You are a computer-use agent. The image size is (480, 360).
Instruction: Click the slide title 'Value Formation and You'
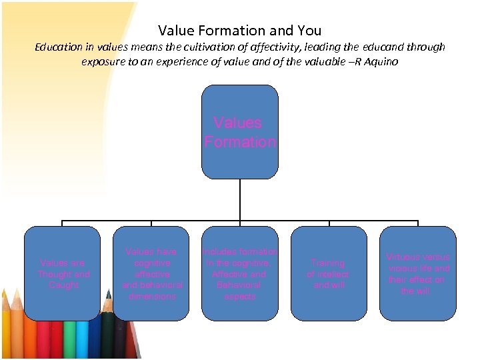pos(240,30)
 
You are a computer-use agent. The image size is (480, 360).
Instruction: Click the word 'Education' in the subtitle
pos(59,47)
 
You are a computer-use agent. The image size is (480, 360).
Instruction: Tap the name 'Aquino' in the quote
pos(379,62)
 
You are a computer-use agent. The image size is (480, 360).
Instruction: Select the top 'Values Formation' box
pos(240,131)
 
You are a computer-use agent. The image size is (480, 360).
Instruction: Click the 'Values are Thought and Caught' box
pos(63,273)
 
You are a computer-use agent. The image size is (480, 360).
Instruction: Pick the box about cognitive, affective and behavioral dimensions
pos(151,273)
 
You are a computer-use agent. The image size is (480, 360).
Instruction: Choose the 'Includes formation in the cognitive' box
pos(240,273)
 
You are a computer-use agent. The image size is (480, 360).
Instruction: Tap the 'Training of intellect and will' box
pos(329,273)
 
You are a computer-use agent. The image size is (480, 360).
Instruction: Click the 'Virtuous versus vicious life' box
pos(418,273)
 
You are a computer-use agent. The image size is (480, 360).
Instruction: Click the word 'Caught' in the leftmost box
pos(64,285)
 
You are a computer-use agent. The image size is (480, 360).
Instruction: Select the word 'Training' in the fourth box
pos(328,263)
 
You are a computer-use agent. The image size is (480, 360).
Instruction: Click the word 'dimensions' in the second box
pos(152,297)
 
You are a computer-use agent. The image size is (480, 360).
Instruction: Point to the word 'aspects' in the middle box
pos(240,297)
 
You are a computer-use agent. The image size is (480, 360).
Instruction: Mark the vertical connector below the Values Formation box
pos(240,199)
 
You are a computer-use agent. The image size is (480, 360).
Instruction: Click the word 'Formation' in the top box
pos(240,142)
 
